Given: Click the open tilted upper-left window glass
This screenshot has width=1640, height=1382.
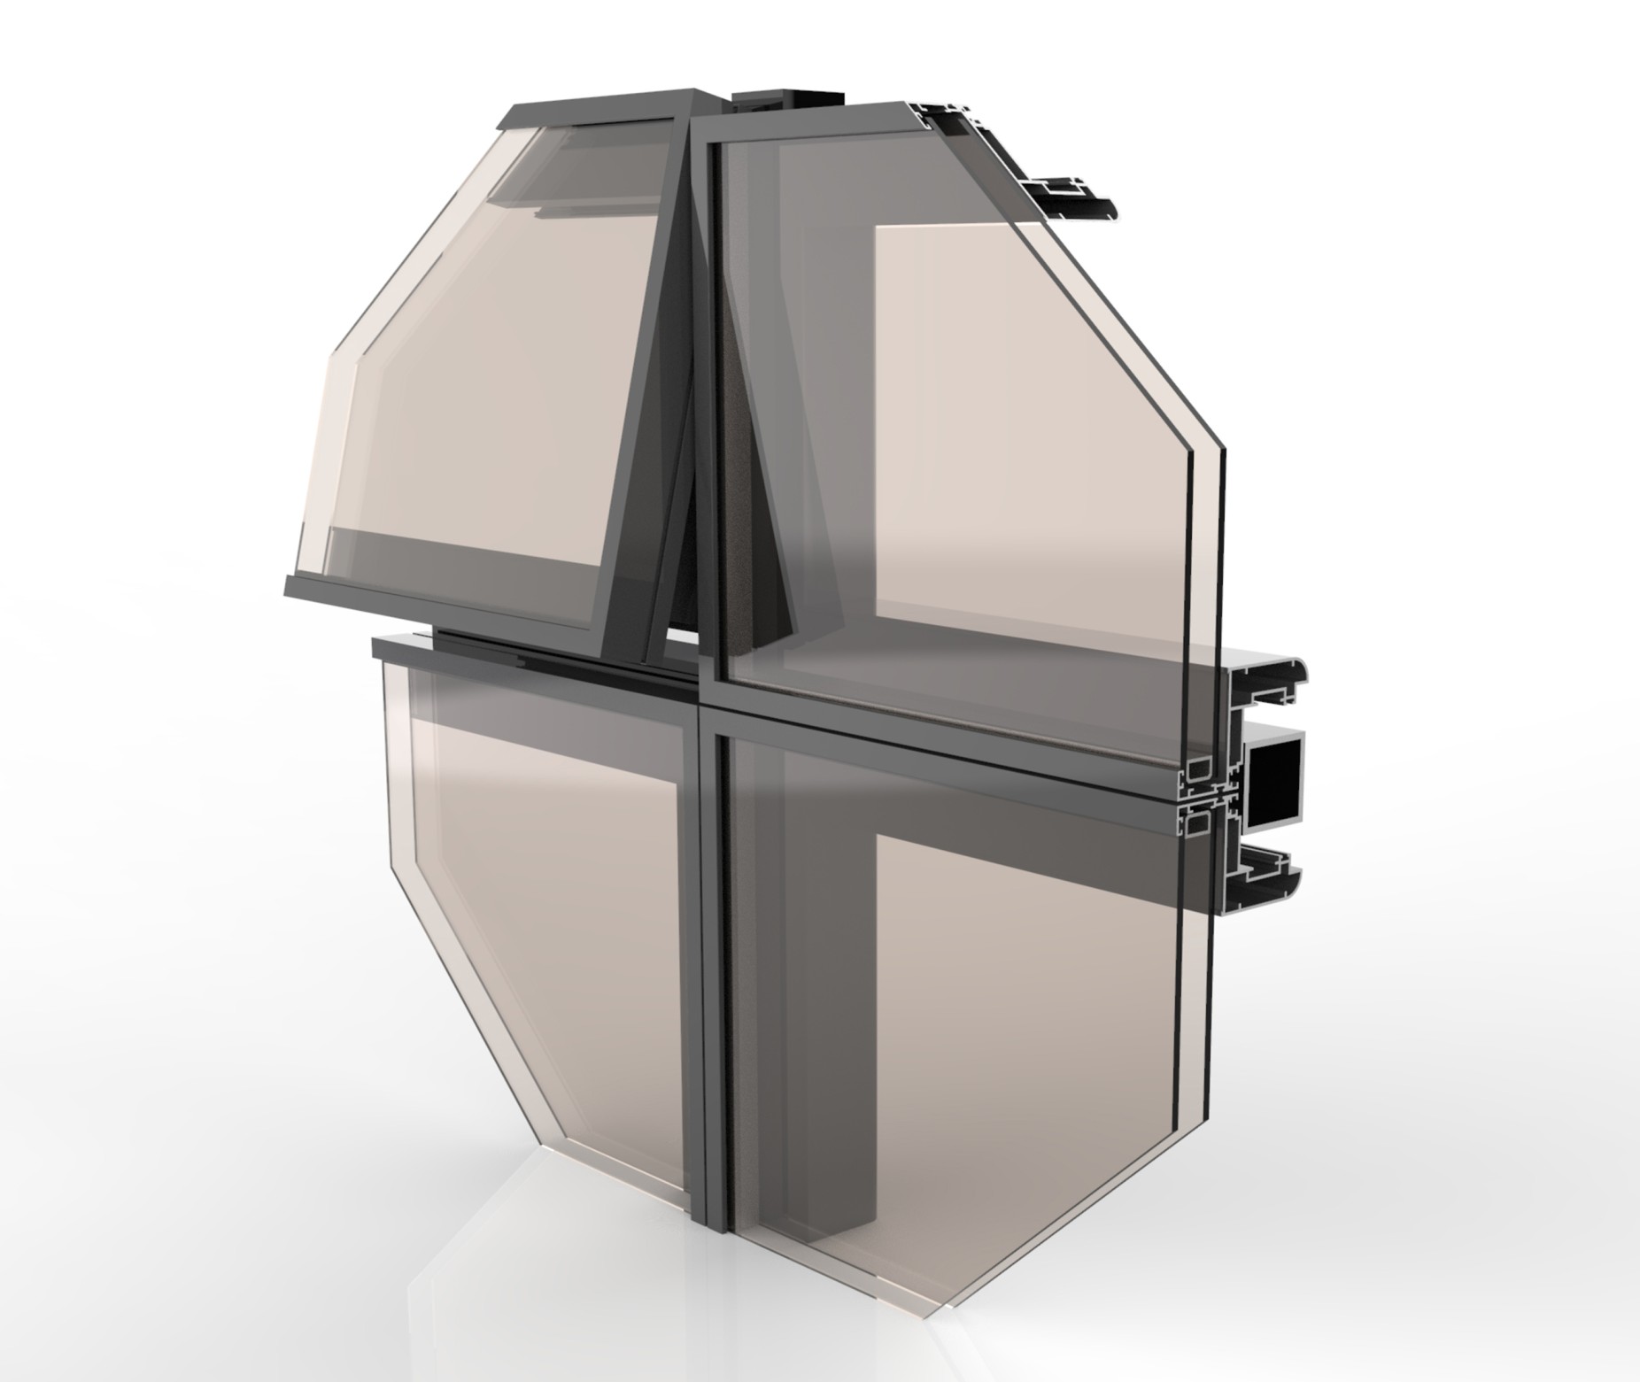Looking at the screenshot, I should pos(496,372).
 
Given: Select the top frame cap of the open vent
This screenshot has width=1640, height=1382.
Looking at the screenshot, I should pos(593,104).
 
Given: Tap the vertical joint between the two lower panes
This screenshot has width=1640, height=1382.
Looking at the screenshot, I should pos(704,974).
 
